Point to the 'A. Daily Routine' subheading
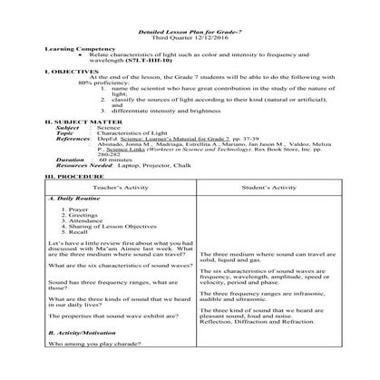[x=70, y=197]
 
